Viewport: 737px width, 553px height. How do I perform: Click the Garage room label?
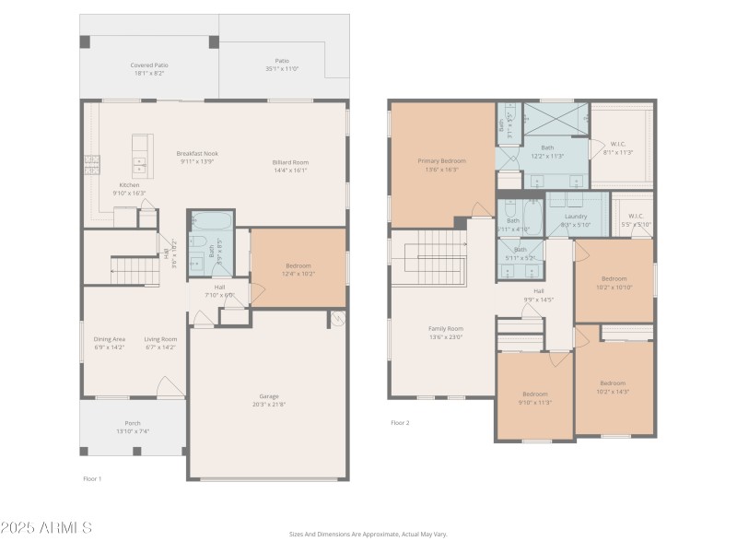pos(268,396)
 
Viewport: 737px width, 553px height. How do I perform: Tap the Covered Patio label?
pos(149,65)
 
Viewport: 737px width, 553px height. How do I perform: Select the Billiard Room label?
pos(289,162)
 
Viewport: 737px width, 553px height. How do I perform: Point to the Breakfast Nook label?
pos(197,154)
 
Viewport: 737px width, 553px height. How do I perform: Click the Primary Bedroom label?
pos(442,161)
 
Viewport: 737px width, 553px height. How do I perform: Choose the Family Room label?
pos(445,328)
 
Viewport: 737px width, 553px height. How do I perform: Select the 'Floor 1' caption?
pos(92,478)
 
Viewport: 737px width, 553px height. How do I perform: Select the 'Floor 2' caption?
pos(400,423)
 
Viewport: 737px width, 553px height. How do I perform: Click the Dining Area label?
pos(110,339)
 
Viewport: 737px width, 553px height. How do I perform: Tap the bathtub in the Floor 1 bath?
pos(211,221)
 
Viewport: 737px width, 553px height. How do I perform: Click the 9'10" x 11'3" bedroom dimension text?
pos(534,402)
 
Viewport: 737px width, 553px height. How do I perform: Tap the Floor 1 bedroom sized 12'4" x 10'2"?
pos(298,269)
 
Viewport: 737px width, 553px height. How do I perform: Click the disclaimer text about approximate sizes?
pos(368,534)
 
